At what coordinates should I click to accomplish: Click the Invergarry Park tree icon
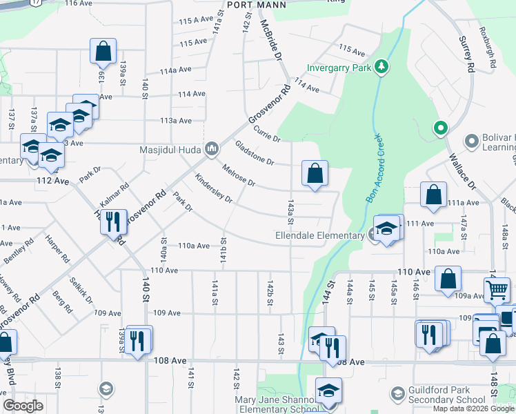tap(380, 67)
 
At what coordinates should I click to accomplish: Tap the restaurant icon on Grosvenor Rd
tap(113, 222)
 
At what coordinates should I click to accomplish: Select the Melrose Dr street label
tap(238, 175)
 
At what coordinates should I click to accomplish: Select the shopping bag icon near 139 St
tap(103, 51)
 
